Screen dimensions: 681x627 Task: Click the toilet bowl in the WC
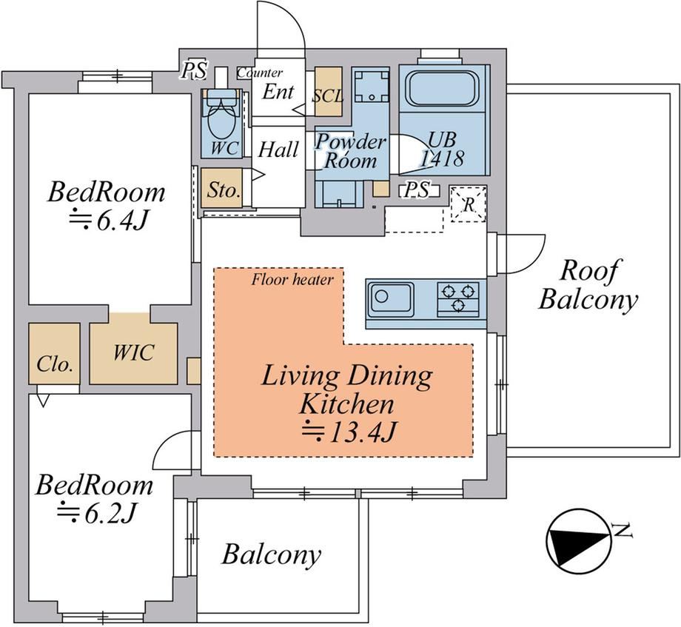click(221, 120)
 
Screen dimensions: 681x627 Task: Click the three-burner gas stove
click(458, 297)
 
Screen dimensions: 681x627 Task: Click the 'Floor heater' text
click(292, 280)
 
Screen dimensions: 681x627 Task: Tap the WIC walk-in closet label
click(133, 352)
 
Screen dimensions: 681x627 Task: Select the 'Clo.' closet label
click(54, 364)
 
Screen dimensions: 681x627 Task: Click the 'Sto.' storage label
click(224, 190)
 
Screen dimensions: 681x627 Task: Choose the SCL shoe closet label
click(329, 96)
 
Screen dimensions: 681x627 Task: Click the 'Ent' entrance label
click(278, 91)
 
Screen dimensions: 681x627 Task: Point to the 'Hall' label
click(278, 150)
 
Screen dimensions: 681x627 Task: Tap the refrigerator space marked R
click(468, 204)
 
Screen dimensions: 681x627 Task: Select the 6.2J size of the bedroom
click(97, 514)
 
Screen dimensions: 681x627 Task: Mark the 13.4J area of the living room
click(349, 432)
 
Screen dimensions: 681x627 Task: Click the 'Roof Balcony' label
click(588, 285)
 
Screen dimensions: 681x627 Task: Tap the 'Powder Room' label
click(350, 152)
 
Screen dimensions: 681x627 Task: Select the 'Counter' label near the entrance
click(260, 73)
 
